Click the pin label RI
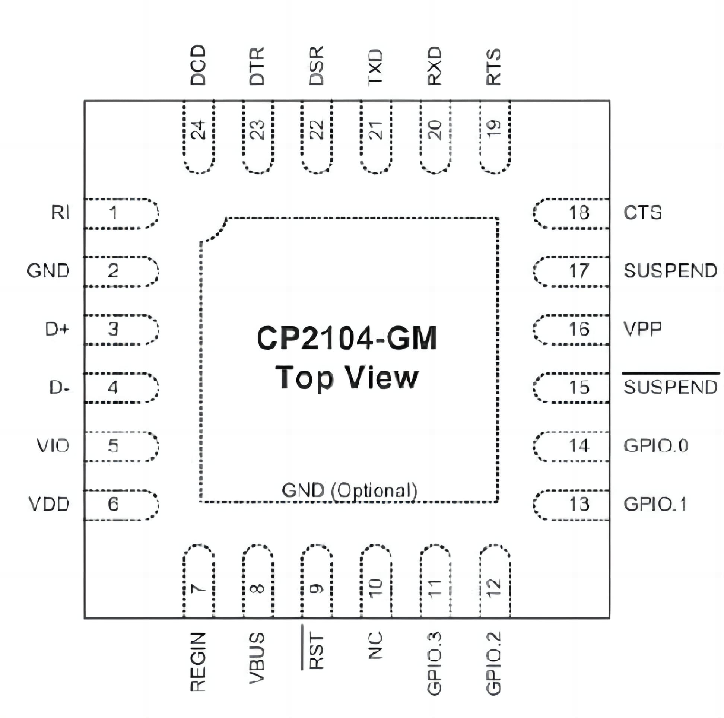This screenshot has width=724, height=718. coord(60,213)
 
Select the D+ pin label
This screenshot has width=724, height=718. coord(57,329)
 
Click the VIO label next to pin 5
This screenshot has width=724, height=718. coord(53,445)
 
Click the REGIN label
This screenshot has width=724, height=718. coord(198,661)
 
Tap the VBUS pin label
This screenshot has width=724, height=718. coord(257,658)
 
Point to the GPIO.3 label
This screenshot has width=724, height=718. coord(434,663)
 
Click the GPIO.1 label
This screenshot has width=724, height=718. coord(655,504)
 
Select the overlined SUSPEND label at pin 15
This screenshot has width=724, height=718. coord(670,387)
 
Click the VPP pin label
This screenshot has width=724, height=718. coord(642,328)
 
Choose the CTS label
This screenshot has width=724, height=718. coord(642,213)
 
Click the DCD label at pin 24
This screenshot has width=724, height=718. coord(198,65)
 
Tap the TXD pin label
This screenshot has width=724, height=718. coord(375,67)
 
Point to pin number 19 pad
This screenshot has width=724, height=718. coord(495,137)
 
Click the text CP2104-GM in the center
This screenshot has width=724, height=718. coord(347,338)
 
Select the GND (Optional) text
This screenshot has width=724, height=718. coord(349,490)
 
